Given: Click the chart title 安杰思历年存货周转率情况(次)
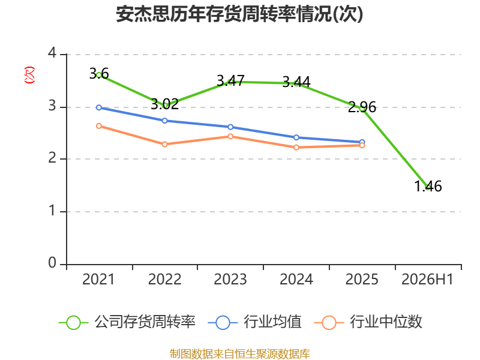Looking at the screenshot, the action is [x=239, y=14].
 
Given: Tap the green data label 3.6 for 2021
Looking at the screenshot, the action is [x=99, y=74].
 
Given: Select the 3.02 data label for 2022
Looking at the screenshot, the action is [x=164, y=104].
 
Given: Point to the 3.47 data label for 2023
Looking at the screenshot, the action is [x=230, y=81].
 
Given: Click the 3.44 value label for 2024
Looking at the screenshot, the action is [x=296, y=82].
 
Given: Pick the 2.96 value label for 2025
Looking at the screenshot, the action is [x=362, y=107].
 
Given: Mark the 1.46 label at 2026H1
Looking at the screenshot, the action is [x=428, y=186].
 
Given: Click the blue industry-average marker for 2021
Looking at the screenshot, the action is [x=99, y=107].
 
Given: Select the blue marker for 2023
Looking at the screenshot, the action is [x=230, y=127].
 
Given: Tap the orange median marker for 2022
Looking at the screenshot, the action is [x=164, y=144].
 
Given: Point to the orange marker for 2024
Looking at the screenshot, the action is [x=296, y=148].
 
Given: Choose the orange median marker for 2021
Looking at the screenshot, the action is [x=99, y=126].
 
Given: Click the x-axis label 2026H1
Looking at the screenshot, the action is [x=427, y=279].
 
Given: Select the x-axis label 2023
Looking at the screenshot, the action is [x=230, y=279].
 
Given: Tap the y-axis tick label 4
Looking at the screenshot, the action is [x=52, y=53].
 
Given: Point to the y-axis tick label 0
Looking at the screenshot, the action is [x=52, y=263].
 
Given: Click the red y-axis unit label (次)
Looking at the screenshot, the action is [x=29, y=75].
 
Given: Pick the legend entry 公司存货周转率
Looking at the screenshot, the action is [x=127, y=322].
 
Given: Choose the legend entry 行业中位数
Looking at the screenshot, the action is [x=368, y=322].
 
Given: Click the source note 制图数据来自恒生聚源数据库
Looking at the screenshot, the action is [x=240, y=353].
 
